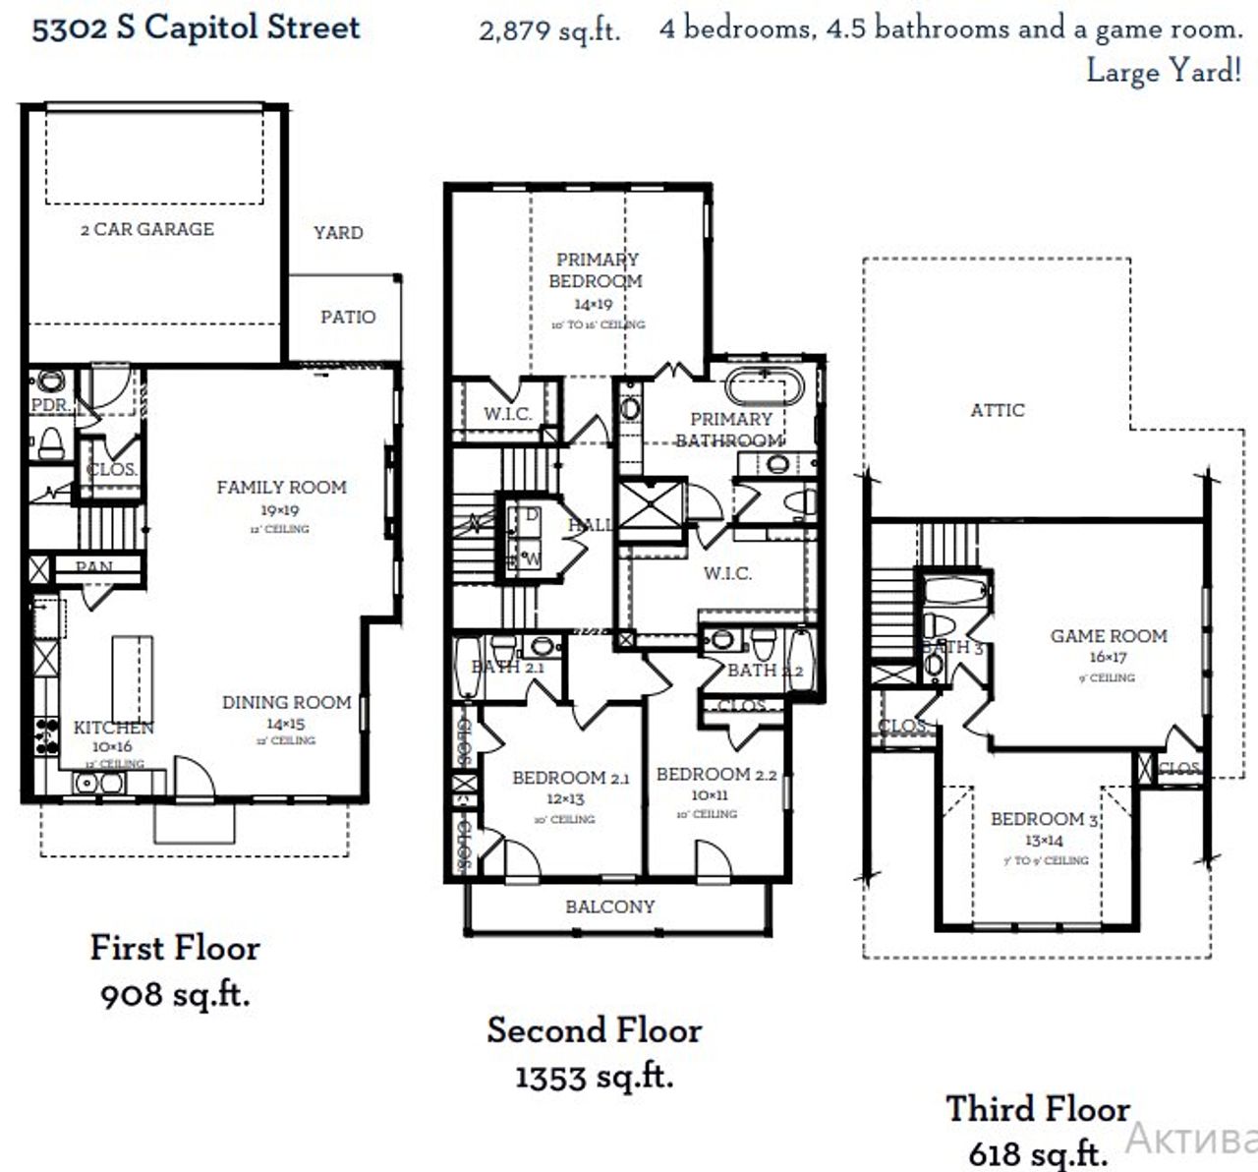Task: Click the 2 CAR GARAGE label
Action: click(147, 229)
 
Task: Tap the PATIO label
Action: click(348, 317)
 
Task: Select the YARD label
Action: click(338, 233)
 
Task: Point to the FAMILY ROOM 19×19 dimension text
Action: click(280, 510)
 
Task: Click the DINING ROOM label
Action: click(286, 703)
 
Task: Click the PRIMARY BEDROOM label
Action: click(597, 270)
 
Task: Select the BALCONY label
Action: click(609, 907)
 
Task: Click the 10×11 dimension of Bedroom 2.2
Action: click(709, 794)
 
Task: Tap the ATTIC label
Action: click(998, 410)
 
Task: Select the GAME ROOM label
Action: click(1109, 636)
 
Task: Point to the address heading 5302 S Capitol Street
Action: click(197, 28)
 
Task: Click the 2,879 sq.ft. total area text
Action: click(549, 30)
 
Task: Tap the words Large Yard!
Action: click(1164, 72)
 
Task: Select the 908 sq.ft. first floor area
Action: click(175, 994)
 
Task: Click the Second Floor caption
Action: click(595, 1030)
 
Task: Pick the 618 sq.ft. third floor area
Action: click(1038, 1151)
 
